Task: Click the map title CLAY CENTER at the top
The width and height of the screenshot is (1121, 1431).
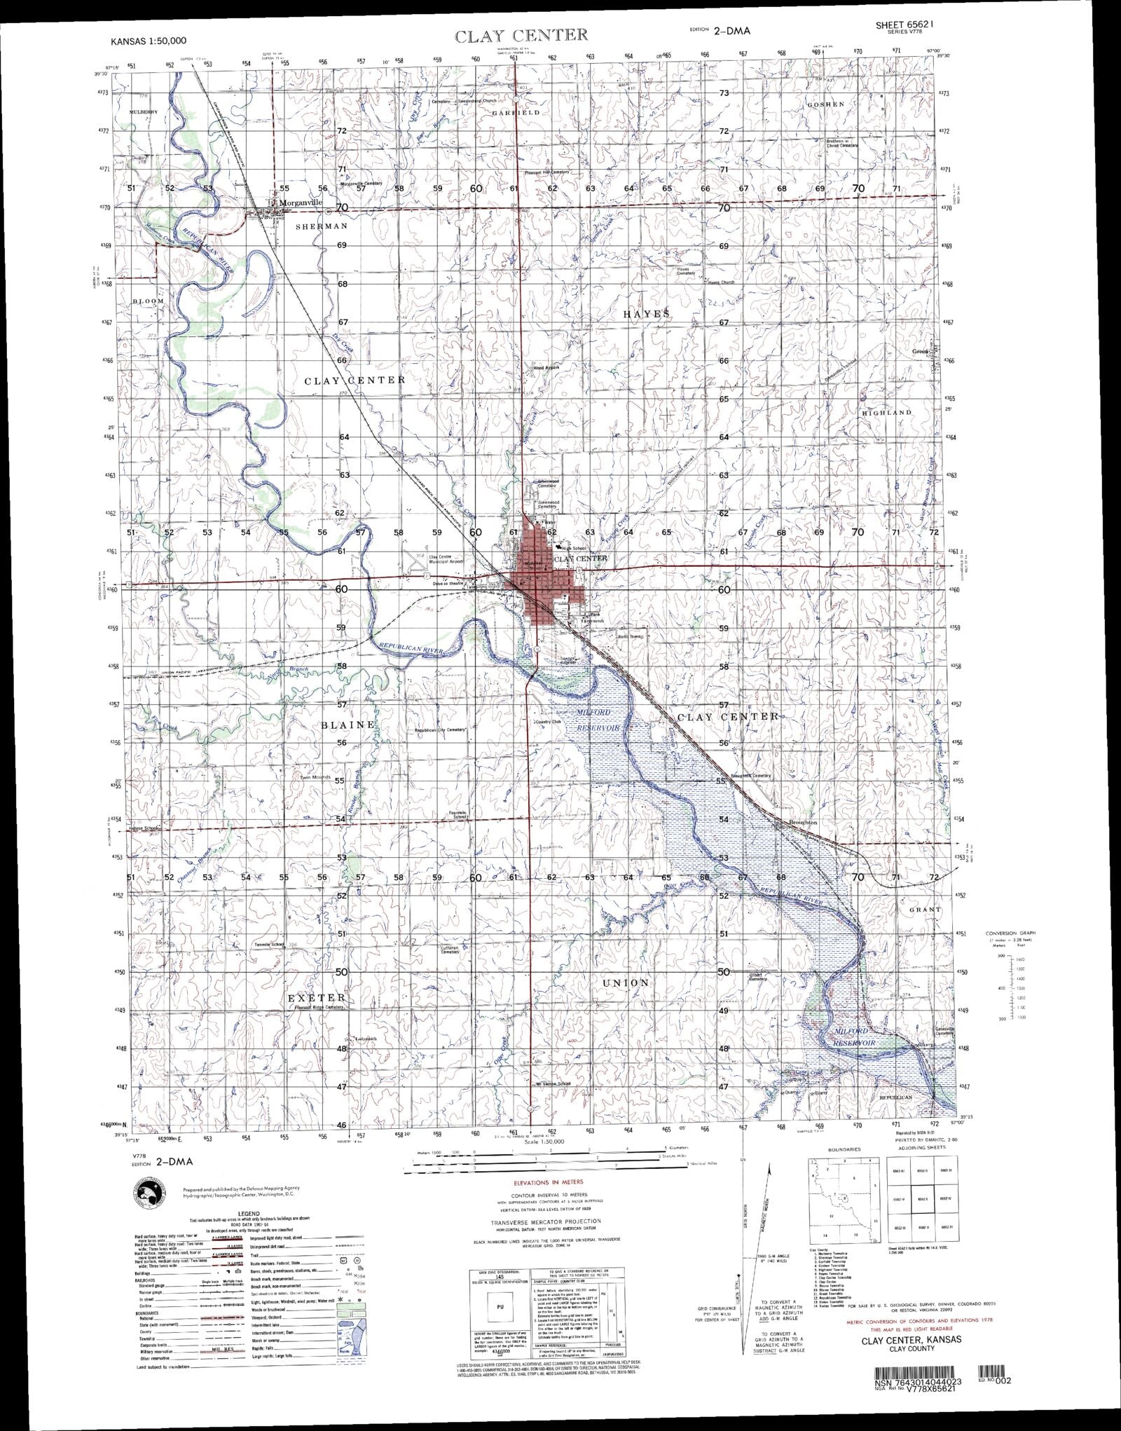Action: pos(521,36)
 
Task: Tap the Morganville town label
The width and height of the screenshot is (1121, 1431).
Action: pos(301,203)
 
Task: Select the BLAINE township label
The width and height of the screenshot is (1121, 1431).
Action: pos(348,725)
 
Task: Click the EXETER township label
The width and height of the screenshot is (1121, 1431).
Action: pos(315,997)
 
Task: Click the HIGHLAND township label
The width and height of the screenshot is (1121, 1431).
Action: pos(886,413)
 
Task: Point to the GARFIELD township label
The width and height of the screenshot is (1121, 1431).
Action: pos(515,112)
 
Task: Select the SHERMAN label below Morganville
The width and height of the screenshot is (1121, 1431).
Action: pos(321,226)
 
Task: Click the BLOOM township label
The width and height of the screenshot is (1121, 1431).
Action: pos(147,301)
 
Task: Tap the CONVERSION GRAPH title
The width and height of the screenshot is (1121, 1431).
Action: pos(1010,933)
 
